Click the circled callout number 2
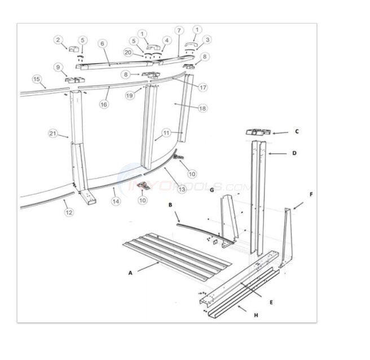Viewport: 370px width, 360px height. [58, 39]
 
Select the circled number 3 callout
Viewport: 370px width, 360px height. [208, 39]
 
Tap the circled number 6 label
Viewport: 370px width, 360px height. [102, 43]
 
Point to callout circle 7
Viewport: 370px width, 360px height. [179, 30]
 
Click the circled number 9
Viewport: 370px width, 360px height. [58, 67]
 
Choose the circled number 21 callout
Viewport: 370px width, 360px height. [52, 134]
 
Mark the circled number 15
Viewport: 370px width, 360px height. [37, 79]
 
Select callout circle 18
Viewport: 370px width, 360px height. [202, 108]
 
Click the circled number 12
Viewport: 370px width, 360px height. [69, 212]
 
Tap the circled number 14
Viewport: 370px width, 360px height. [116, 201]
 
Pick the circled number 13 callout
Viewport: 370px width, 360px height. [181, 190]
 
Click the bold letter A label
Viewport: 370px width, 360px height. [130, 272]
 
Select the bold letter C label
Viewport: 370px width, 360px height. [297, 132]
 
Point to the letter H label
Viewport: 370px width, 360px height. [256, 315]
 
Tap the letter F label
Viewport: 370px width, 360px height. [310, 194]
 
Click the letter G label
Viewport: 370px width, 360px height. [212, 190]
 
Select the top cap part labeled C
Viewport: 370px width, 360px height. [257, 133]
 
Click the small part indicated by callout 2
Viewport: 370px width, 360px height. [73, 49]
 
